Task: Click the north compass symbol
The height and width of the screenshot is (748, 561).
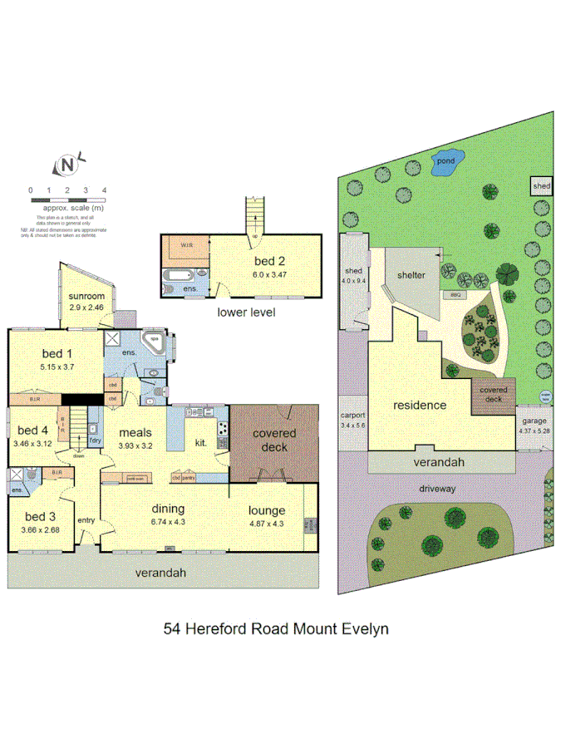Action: pyautogui.click(x=67, y=165)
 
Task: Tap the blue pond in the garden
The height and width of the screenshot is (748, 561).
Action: pyautogui.click(x=445, y=165)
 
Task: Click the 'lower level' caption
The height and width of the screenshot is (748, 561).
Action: pyautogui.click(x=245, y=312)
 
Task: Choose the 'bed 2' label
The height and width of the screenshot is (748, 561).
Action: pyautogui.click(x=270, y=261)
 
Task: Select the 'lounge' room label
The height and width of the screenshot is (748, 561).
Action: pyautogui.click(x=267, y=509)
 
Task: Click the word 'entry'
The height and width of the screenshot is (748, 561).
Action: pyautogui.click(x=86, y=520)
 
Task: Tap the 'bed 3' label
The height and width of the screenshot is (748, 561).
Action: pyautogui.click(x=40, y=516)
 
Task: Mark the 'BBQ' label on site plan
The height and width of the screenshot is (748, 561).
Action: pyautogui.click(x=455, y=295)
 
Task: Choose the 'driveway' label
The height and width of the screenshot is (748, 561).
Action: pyautogui.click(x=436, y=490)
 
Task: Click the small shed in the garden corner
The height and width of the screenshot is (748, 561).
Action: pyautogui.click(x=542, y=186)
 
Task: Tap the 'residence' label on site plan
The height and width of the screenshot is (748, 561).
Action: pyautogui.click(x=420, y=406)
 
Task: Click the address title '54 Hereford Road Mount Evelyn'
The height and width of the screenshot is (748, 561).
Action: pyautogui.click(x=276, y=628)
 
